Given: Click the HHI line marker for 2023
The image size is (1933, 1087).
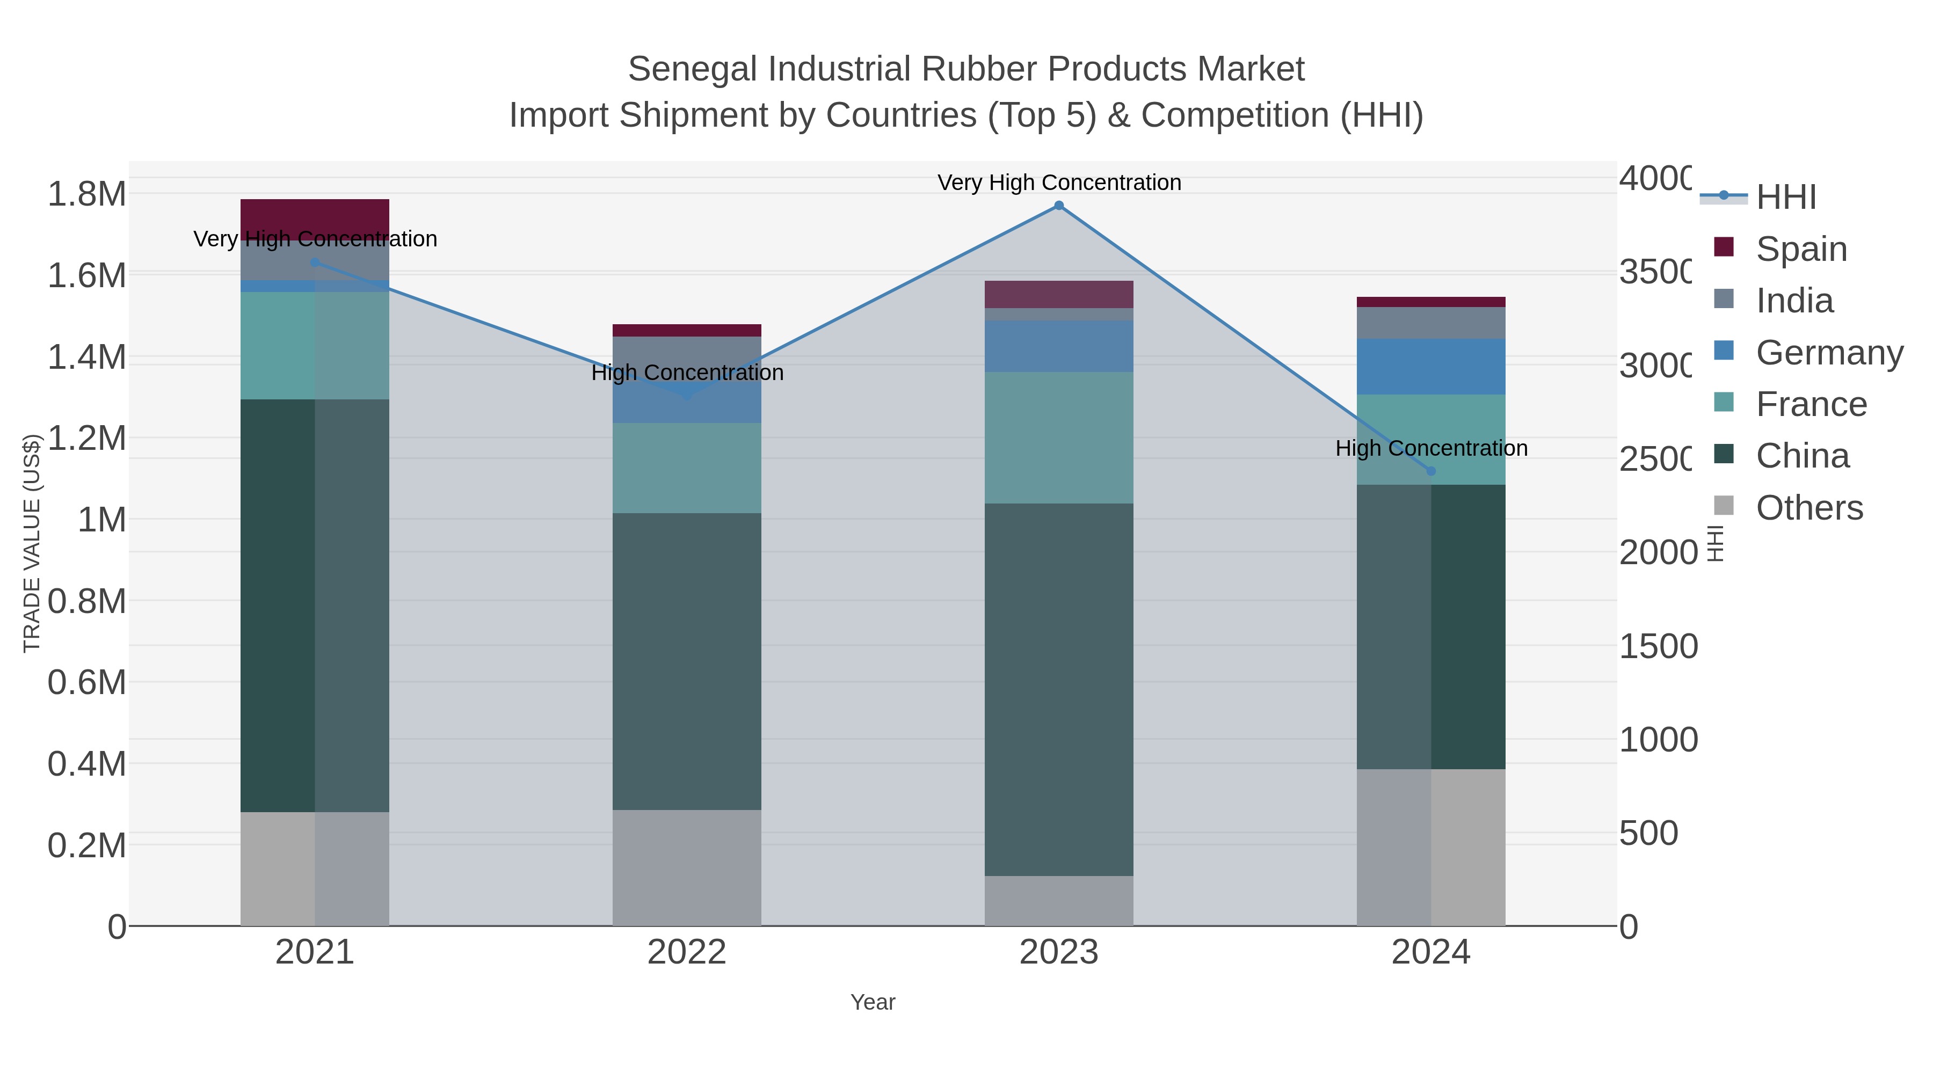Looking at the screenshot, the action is [1059, 206].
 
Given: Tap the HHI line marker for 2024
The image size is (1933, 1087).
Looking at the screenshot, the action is [1430, 471].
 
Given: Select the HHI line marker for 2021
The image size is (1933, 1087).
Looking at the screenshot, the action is [315, 262].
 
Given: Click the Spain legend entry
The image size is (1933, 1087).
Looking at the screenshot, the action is [1801, 249].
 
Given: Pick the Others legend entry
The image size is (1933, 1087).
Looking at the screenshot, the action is [1809, 508].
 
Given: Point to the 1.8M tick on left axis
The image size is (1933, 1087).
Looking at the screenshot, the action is [87, 194].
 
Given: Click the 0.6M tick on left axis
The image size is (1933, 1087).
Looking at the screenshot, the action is [87, 683].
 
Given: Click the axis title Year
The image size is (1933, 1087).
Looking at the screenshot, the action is [873, 1002].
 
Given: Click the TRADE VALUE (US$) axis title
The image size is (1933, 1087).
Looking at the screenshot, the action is [32, 543].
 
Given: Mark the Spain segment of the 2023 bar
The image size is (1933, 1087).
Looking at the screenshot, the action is [1059, 294].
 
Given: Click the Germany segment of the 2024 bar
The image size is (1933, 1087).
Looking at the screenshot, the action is [1430, 367].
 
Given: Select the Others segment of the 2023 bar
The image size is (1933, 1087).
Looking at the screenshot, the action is [1059, 900].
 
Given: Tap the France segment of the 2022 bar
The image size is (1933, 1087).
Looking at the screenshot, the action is [687, 468].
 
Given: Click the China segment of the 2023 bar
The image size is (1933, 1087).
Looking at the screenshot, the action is [1059, 689].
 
